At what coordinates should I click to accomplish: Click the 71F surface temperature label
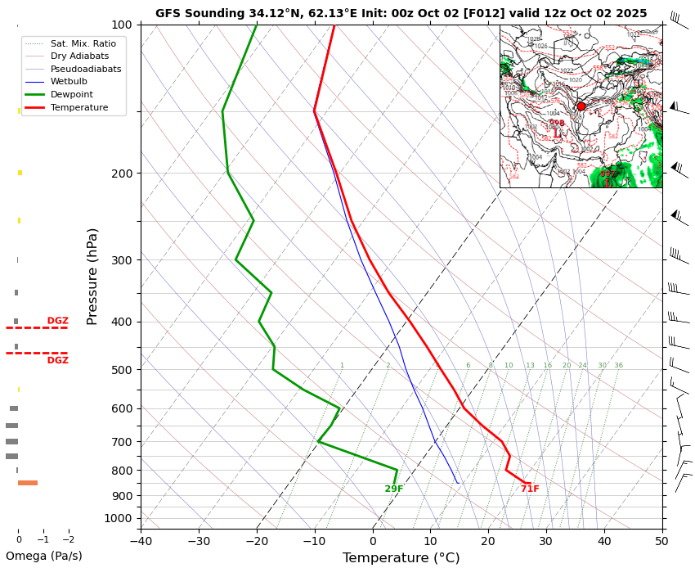pyautogui.click(x=530, y=489)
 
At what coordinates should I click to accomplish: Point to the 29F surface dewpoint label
pyautogui.click(x=394, y=489)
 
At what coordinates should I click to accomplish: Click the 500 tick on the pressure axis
pyautogui.click(x=121, y=370)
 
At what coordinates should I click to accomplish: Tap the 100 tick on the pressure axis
pyautogui.click(x=121, y=25)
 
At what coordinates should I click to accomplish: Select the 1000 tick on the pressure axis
pyautogui.click(x=118, y=518)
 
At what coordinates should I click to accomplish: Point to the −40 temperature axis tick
pyautogui.click(x=141, y=540)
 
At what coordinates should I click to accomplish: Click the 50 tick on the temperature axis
pyautogui.click(x=662, y=540)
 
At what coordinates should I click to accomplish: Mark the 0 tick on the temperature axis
pyautogui.click(x=373, y=540)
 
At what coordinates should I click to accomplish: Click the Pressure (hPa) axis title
pyautogui.click(x=92, y=276)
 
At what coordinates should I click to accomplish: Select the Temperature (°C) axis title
pyautogui.click(x=401, y=558)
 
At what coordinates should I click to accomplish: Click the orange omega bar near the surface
pyautogui.click(x=28, y=483)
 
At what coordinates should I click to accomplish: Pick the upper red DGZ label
pyautogui.click(x=57, y=321)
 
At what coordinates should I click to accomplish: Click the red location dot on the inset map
pyautogui.click(x=581, y=106)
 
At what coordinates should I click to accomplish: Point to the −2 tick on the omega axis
pyautogui.click(x=68, y=540)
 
